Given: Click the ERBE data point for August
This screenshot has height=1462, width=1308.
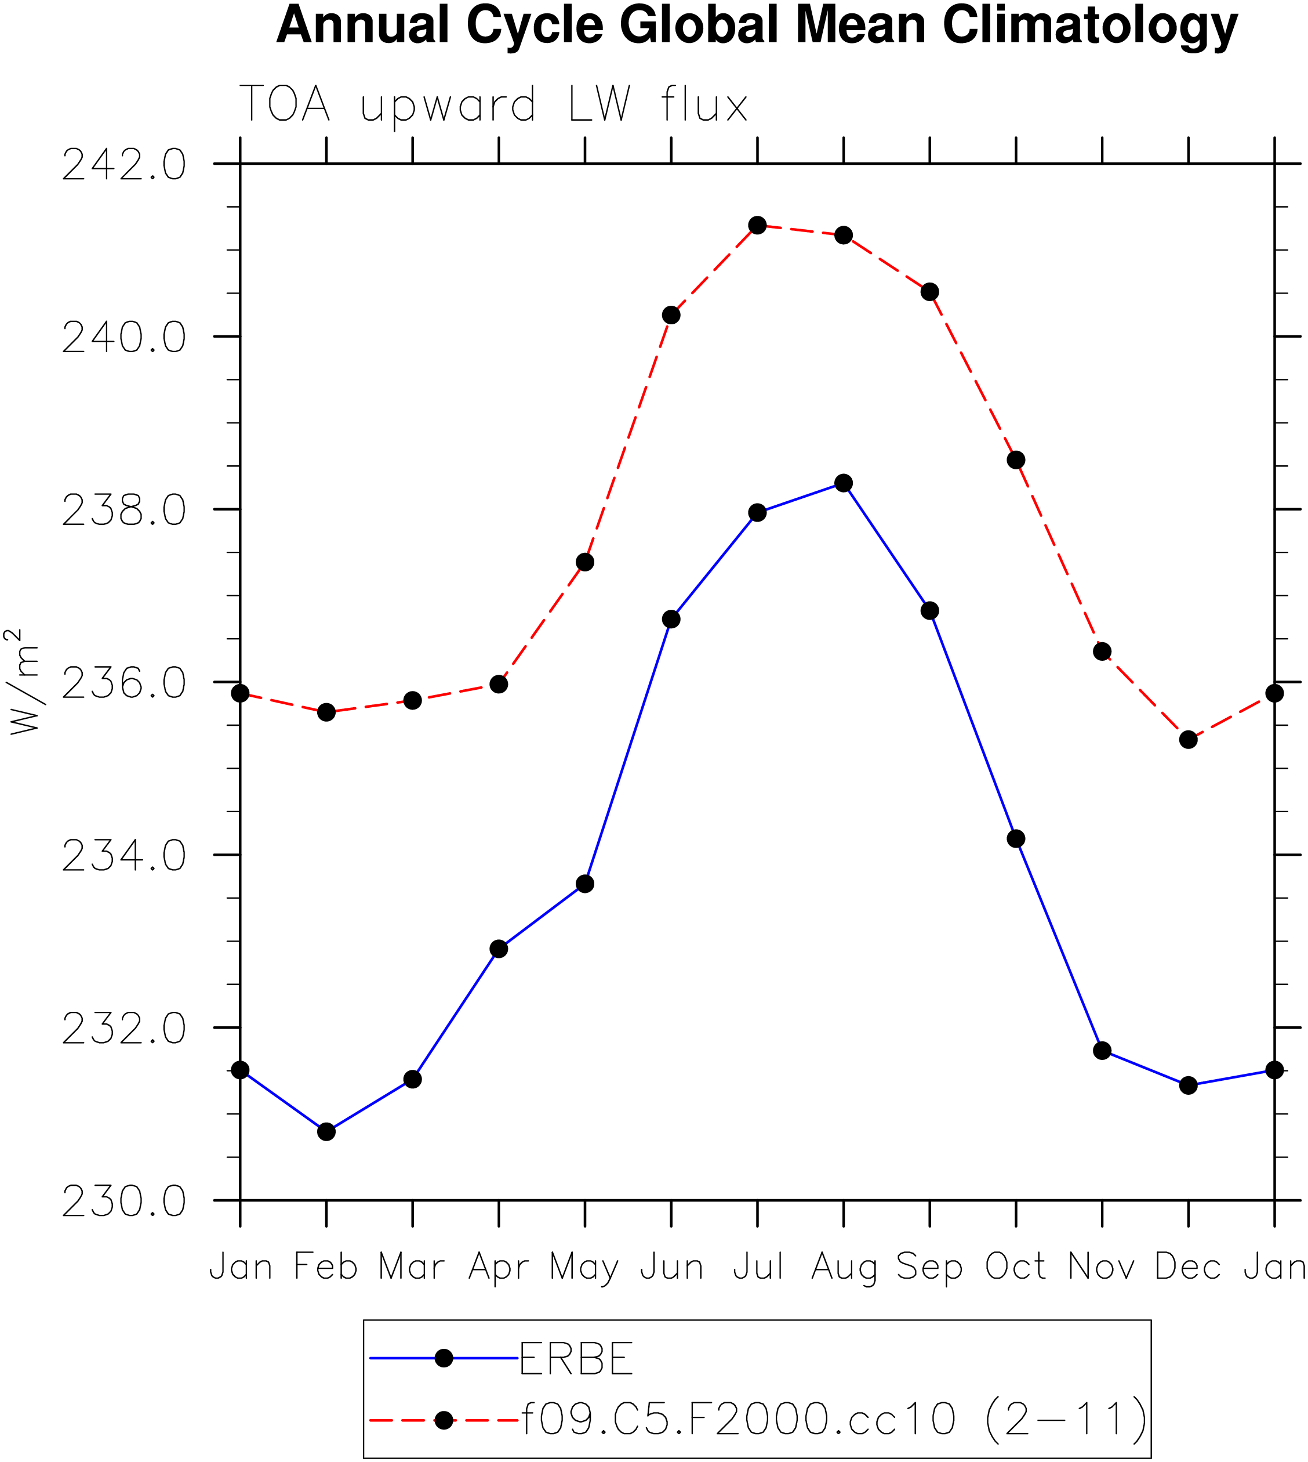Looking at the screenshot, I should tap(843, 483).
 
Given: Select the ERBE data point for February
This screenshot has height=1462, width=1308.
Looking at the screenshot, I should tap(326, 1131).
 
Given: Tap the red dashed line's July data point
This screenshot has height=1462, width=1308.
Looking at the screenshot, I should tap(757, 225).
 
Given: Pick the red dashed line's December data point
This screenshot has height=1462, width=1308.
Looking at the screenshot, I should tap(1188, 739).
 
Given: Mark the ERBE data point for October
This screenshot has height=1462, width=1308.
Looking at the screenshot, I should tap(1015, 838).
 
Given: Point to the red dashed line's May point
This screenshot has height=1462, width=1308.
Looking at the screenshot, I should tap(585, 562).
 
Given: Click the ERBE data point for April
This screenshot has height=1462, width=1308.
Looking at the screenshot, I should tap(499, 949).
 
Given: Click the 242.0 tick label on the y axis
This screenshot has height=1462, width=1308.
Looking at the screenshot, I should tap(123, 165).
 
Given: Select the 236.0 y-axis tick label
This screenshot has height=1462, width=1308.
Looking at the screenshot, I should tap(123, 683).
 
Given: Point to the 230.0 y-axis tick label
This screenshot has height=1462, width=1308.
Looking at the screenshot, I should tap(123, 1201).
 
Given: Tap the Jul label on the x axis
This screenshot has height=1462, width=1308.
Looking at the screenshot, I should tap(757, 1266).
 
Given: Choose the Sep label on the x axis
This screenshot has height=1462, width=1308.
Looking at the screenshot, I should tap(929, 1268).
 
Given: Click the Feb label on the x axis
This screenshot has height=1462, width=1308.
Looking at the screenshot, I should tap(326, 1266).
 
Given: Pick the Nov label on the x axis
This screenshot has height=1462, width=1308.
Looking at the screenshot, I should tap(1101, 1266).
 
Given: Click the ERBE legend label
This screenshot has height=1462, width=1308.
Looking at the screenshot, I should tap(576, 1359).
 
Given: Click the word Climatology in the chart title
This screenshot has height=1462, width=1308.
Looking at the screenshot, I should tap(1089, 26).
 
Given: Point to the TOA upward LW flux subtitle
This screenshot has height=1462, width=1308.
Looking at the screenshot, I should tap(494, 104).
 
